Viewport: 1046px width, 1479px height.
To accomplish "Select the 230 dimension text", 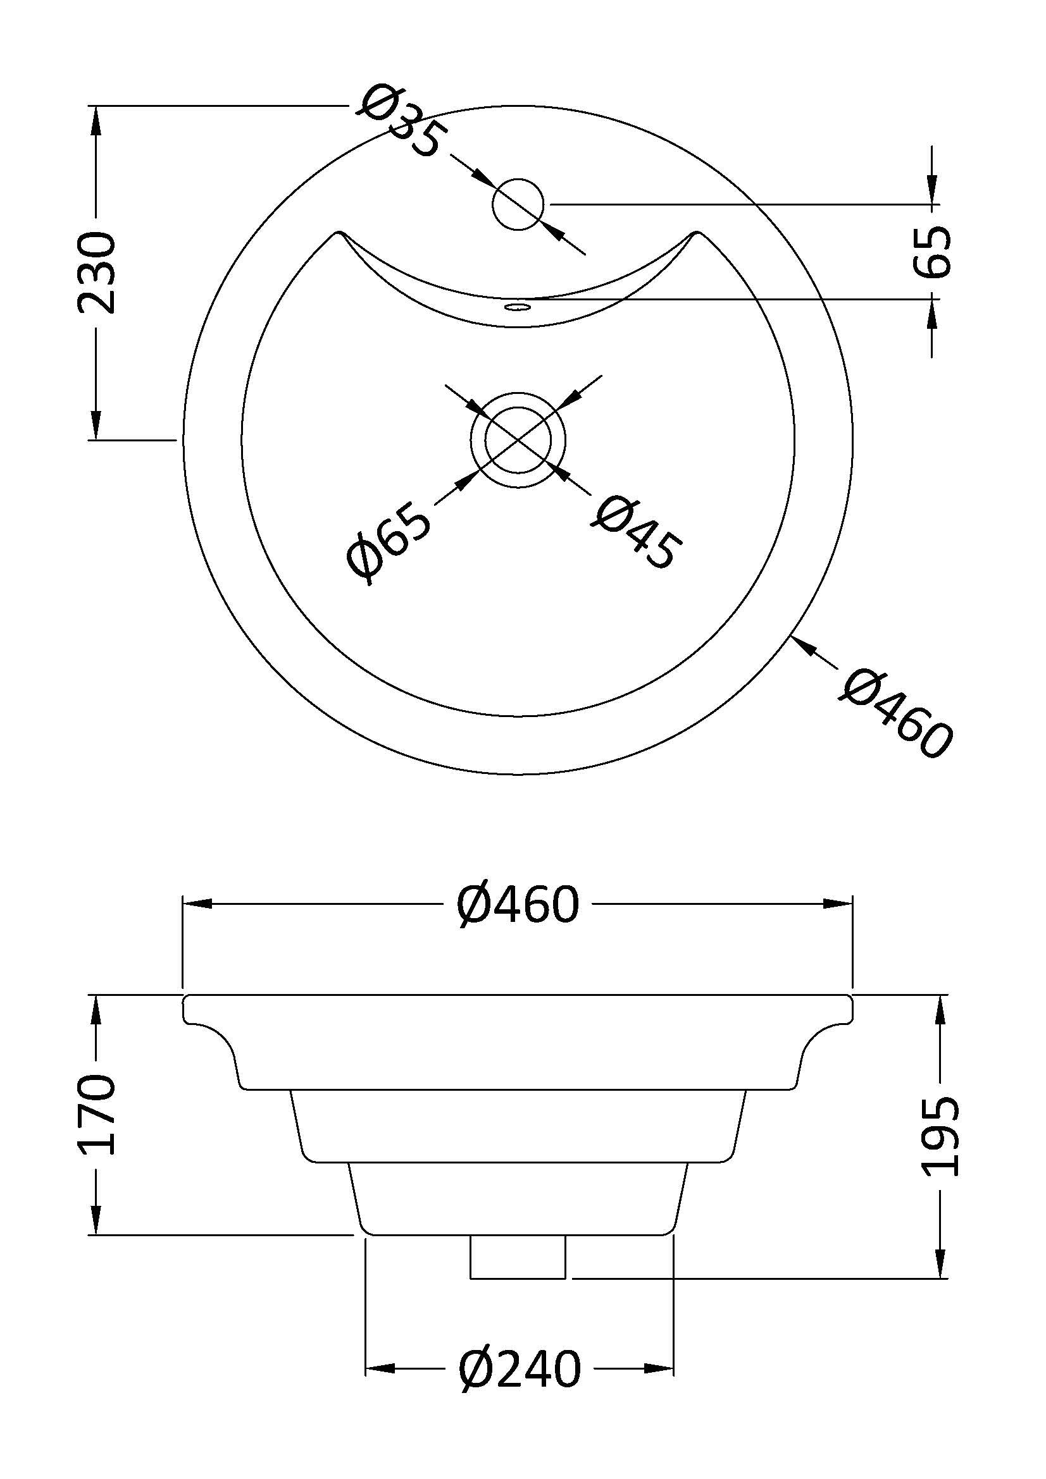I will [97, 273].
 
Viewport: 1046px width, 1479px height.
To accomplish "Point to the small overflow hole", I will [518, 306].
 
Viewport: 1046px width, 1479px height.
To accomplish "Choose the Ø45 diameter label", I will [636, 532].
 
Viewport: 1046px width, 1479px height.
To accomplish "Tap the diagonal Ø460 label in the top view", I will [897, 714].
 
